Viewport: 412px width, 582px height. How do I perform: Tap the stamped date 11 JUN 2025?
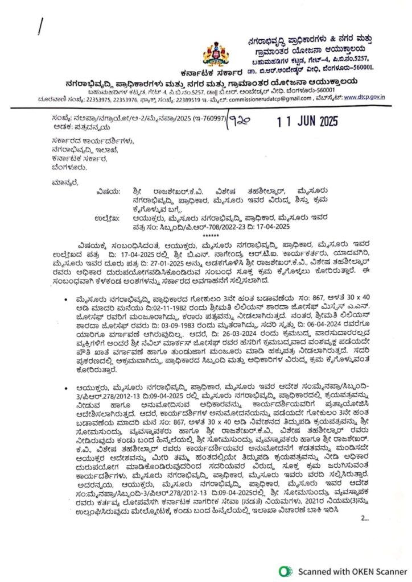[x=308, y=120]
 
